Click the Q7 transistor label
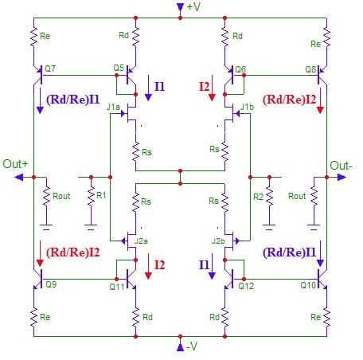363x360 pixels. click(50, 68)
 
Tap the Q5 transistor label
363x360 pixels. click(119, 68)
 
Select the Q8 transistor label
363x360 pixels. click(310, 69)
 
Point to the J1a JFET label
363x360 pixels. click(113, 107)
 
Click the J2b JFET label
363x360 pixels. click(218, 241)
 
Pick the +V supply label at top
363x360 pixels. click(193, 7)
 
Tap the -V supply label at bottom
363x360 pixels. click(192, 346)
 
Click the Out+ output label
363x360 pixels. click(15, 164)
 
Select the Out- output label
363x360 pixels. click(342, 166)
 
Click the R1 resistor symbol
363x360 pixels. click(91, 195)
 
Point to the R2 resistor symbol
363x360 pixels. click(269, 196)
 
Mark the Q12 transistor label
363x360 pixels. click(246, 286)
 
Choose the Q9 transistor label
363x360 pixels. click(51, 284)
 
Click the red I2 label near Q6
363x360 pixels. click(205, 87)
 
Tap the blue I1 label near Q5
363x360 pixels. click(159, 87)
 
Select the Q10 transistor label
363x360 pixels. click(308, 285)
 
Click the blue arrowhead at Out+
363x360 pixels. click(19, 177)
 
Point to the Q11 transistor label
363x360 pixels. click(117, 287)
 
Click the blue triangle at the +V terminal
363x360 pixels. click(180, 7)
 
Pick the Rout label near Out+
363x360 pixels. click(61, 196)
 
